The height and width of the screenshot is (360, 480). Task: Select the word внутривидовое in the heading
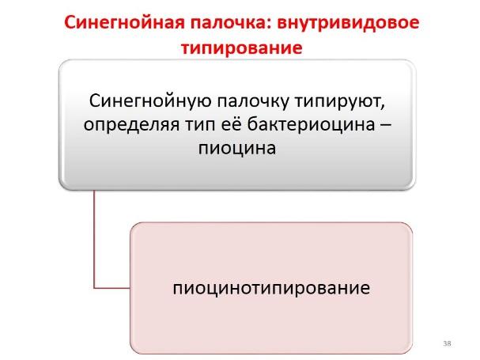348,23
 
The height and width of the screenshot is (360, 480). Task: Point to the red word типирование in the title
242,47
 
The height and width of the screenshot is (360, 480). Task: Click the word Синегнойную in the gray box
150,100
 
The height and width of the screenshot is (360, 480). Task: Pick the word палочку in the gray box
253,100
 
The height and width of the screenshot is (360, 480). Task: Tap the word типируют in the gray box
338,101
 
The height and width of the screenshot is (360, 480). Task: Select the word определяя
131,124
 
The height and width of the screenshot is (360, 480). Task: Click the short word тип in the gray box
200,125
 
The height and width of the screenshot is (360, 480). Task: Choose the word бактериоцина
311,123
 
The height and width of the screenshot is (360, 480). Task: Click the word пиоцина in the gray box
237,148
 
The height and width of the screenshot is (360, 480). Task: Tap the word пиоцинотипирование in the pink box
271,288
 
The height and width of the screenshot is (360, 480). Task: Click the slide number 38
447,343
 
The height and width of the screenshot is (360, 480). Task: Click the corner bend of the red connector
94,288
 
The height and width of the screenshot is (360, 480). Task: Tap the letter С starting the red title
70,23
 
